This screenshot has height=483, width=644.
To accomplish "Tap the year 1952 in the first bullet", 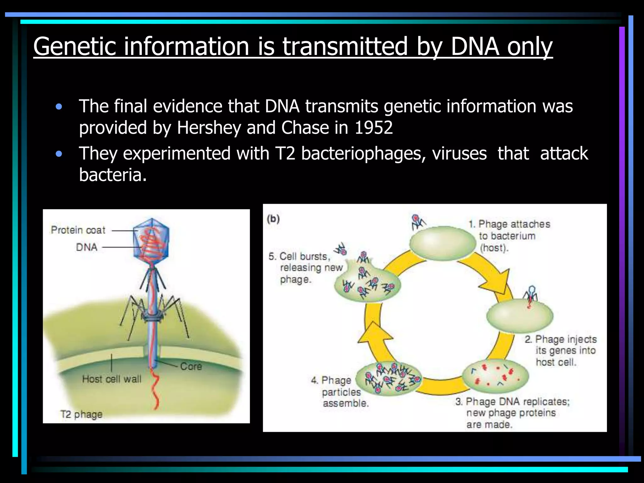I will tap(374, 128).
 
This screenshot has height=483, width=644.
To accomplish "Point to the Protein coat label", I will tap(78, 230).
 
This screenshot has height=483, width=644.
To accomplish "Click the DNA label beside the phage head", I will tap(87, 247).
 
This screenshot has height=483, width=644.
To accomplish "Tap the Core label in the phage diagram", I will tap(191, 366).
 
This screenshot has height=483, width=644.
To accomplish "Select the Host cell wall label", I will tap(112, 379).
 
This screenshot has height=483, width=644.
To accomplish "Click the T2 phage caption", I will tap(81, 414).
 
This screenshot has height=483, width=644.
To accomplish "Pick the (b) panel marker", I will tap(273, 219).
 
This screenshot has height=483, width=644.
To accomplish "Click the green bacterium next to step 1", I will tap(442, 243).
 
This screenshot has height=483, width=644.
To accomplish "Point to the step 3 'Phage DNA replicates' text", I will tap(513, 413).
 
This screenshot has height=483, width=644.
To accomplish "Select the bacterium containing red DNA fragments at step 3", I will tap(495, 376).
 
